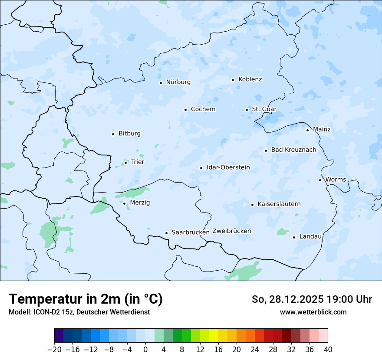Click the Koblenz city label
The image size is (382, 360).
tap(250, 79)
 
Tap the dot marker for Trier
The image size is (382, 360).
tap(125, 163)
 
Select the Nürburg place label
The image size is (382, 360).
tap(178, 82)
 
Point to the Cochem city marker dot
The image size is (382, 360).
tap(185, 110)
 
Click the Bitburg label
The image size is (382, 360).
tap(129, 134)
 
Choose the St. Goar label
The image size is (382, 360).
tap(264, 109)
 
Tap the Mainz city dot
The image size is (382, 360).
tap(307, 130)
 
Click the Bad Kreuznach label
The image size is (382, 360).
tap(293, 150)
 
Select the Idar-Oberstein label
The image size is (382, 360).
tap(228, 167)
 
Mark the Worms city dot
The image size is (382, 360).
tap(320, 180)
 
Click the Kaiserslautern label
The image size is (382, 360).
tap(279, 204)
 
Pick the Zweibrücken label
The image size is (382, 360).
tap(231, 231)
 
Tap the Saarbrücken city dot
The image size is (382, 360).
tap(166, 233)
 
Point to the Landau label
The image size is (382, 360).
tap(310, 236)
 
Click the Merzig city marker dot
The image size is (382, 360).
tap(124, 203)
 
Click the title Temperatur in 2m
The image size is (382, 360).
tap(86, 299)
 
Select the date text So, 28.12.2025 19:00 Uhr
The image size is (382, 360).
tap(312, 299)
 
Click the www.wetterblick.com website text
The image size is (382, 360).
tap(313, 312)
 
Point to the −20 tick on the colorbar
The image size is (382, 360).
tap(54, 350)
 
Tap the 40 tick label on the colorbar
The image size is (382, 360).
tap(328, 350)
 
